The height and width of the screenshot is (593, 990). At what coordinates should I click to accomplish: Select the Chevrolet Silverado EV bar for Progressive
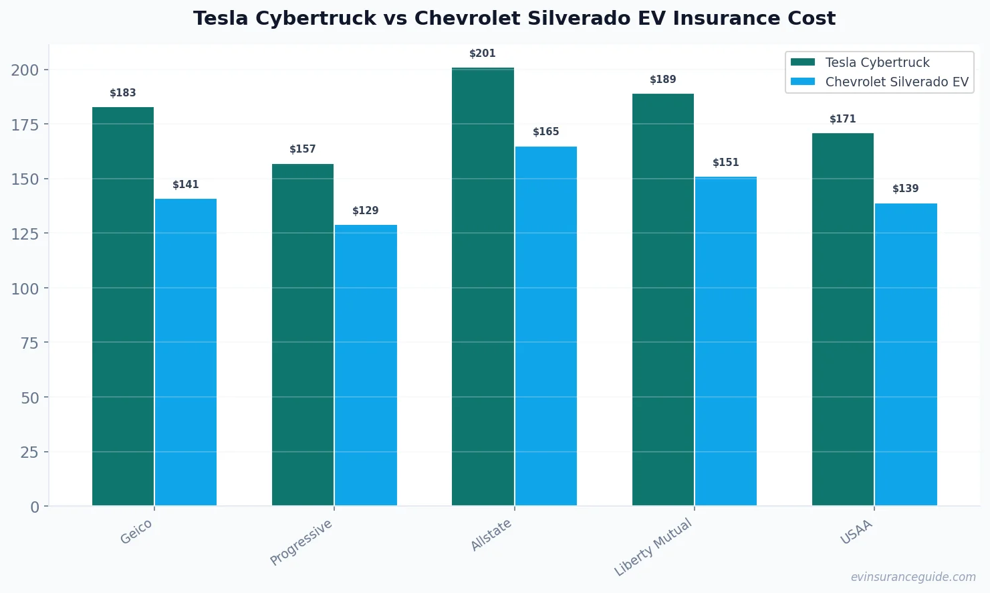(x=366, y=365)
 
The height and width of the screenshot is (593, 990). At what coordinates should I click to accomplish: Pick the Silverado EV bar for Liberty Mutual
(x=725, y=341)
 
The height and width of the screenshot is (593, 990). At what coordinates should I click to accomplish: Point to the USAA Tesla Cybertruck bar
(x=842, y=319)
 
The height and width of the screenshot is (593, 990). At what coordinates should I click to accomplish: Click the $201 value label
(x=482, y=54)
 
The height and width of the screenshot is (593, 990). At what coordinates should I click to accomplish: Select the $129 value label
(x=366, y=211)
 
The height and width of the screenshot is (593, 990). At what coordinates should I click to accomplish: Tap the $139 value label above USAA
(x=905, y=189)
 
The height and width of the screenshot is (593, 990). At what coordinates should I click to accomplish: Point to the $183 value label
(x=123, y=93)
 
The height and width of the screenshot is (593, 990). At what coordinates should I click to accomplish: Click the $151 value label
(x=725, y=163)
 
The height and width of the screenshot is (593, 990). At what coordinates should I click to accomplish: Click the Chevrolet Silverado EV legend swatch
(x=802, y=82)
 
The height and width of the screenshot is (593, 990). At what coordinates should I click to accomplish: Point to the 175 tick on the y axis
(x=25, y=124)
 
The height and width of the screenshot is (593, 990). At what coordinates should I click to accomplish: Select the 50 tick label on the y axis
(x=29, y=398)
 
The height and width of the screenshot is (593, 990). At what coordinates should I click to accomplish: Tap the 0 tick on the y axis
(x=35, y=507)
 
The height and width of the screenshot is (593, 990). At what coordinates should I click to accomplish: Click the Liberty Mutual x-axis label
(x=653, y=548)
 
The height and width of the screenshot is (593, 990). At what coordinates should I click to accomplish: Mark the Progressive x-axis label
(x=301, y=543)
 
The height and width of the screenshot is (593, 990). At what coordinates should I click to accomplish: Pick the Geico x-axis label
(x=136, y=532)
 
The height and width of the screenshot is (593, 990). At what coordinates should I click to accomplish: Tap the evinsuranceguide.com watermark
(x=912, y=577)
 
